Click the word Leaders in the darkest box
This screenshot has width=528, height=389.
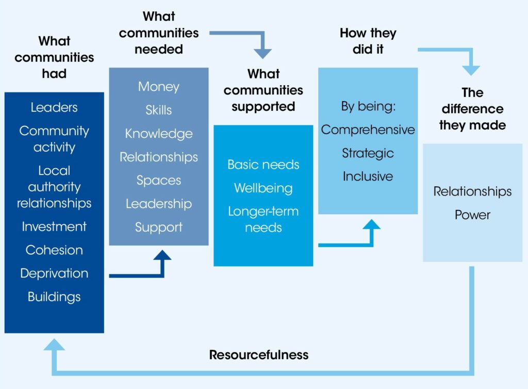pyautogui.click(x=54, y=107)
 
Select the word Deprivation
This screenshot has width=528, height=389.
pyautogui.click(x=54, y=273)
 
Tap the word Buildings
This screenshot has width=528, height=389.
pyautogui.click(x=54, y=297)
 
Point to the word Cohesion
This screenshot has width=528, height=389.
pyautogui.click(x=54, y=250)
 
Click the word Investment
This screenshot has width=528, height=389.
pyautogui.click(x=54, y=226)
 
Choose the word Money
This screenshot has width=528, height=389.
pyautogui.click(x=159, y=87)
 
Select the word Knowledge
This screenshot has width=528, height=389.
pyautogui.click(x=159, y=134)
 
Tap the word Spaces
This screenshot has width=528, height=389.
pyautogui.click(x=159, y=181)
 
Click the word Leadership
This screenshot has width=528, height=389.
pyautogui.click(x=159, y=204)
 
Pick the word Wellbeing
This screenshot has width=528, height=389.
pyautogui.click(x=263, y=188)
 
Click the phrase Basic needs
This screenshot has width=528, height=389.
pyautogui.click(x=263, y=165)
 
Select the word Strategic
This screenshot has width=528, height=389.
pyautogui.click(x=368, y=153)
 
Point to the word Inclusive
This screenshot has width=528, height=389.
pyautogui.click(x=368, y=176)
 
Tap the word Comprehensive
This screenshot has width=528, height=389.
pyautogui.click(x=368, y=129)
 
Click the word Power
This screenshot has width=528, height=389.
pyautogui.click(x=472, y=215)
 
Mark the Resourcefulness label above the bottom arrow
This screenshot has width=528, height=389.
pyautogui.click(x=259, y=355)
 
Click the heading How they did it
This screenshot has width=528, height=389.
pyautogui.click(x=368, y=41)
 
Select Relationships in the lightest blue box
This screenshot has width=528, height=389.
pyautogui.click(x=472, y=191)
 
